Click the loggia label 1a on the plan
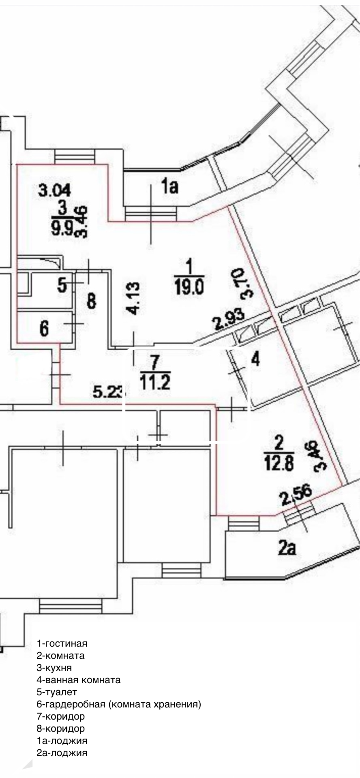click(x=170, y=187)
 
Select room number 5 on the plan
click(x=62, y=285)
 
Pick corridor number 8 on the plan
click(x=92, y=301)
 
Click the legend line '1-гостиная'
click(x=62, y=643)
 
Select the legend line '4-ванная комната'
click(x=79, y=680)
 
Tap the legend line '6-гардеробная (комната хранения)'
click(x=119, y=704)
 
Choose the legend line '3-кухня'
click(x=54, y=667)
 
